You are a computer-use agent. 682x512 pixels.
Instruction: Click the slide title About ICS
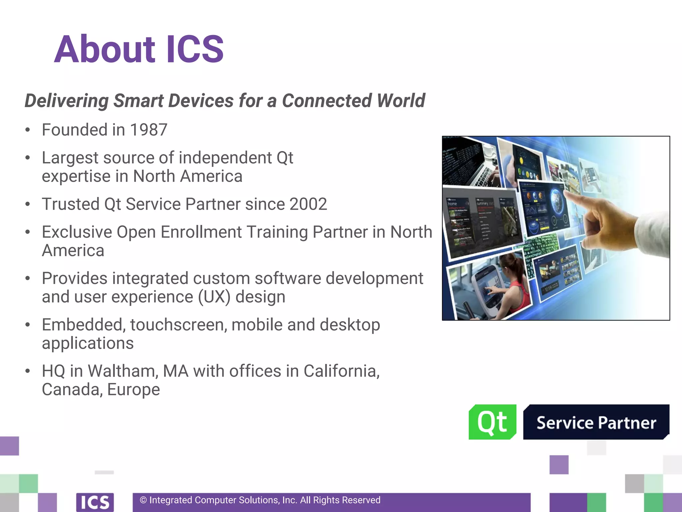coord(139,49)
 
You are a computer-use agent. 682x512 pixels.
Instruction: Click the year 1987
coord(149,130)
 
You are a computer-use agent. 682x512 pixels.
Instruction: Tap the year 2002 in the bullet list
coord(308,204)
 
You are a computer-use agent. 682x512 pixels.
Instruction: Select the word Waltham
coord(122,371)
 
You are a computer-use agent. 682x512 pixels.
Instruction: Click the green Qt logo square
coord(492,422)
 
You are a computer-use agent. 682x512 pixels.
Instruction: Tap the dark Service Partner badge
coord(596,422)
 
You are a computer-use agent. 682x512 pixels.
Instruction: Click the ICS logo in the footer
coord(95,502)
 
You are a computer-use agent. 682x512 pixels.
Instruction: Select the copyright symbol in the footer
coord(143,500)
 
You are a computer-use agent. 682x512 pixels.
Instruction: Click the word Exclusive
coord(77,232)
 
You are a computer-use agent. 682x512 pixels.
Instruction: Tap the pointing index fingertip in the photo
coord(567,194)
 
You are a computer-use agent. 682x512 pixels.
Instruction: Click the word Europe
coord(134,389)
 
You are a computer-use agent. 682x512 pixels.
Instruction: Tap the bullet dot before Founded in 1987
coord(28,130)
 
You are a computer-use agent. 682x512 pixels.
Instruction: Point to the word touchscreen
coord(178,325)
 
